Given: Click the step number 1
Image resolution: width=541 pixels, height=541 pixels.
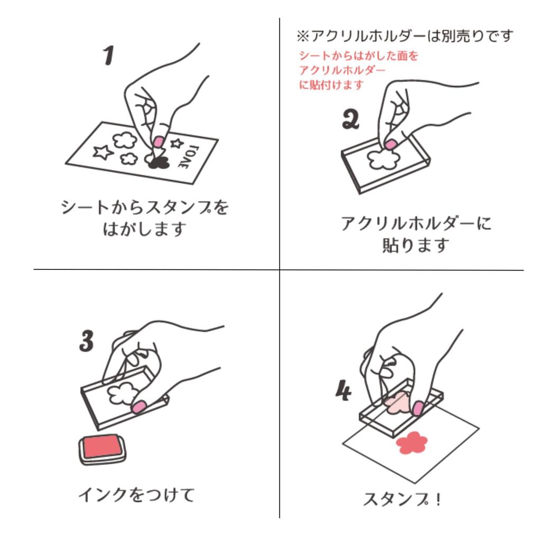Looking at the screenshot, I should (x=108, y=55).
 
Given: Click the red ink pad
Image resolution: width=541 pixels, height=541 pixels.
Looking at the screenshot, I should (x=102, y=450).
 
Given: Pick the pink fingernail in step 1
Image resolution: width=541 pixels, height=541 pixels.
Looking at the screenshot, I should (x=158, y=142).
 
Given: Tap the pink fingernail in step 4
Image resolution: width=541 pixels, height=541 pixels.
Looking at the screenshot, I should (x=418, y=408).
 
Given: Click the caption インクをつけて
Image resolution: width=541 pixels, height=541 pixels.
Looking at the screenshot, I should (x=137, y=495).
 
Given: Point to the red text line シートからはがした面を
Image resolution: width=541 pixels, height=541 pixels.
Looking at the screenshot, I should (x=359, y=55).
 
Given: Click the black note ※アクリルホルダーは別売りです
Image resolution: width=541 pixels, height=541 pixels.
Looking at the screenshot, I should (x=405, y=36).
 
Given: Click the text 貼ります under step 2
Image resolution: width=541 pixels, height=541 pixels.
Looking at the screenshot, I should (x=416, y=245).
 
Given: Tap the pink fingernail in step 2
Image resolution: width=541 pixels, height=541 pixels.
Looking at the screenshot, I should (x=391, y=144).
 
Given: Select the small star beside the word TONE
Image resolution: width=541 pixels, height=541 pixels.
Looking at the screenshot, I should (x=176, y=143).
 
